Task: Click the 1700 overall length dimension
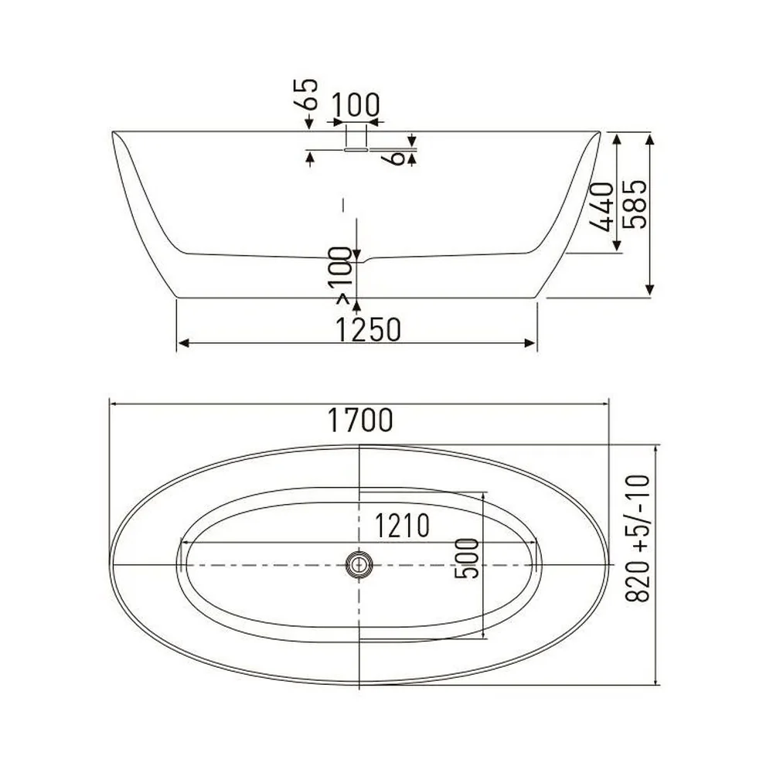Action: (x=360, y=420)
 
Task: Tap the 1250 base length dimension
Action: (x=368, y=329)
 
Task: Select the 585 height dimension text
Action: (x=635, y=204)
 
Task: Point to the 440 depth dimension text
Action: (x=602, y=206)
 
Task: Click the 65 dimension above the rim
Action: (x=305, y=94)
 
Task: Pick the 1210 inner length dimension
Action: (x=402, y=526)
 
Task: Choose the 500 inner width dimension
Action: (x=466, y=559)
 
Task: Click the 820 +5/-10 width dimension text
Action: (x=638, y=538)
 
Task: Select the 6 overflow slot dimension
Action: (x=397, y=158)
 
